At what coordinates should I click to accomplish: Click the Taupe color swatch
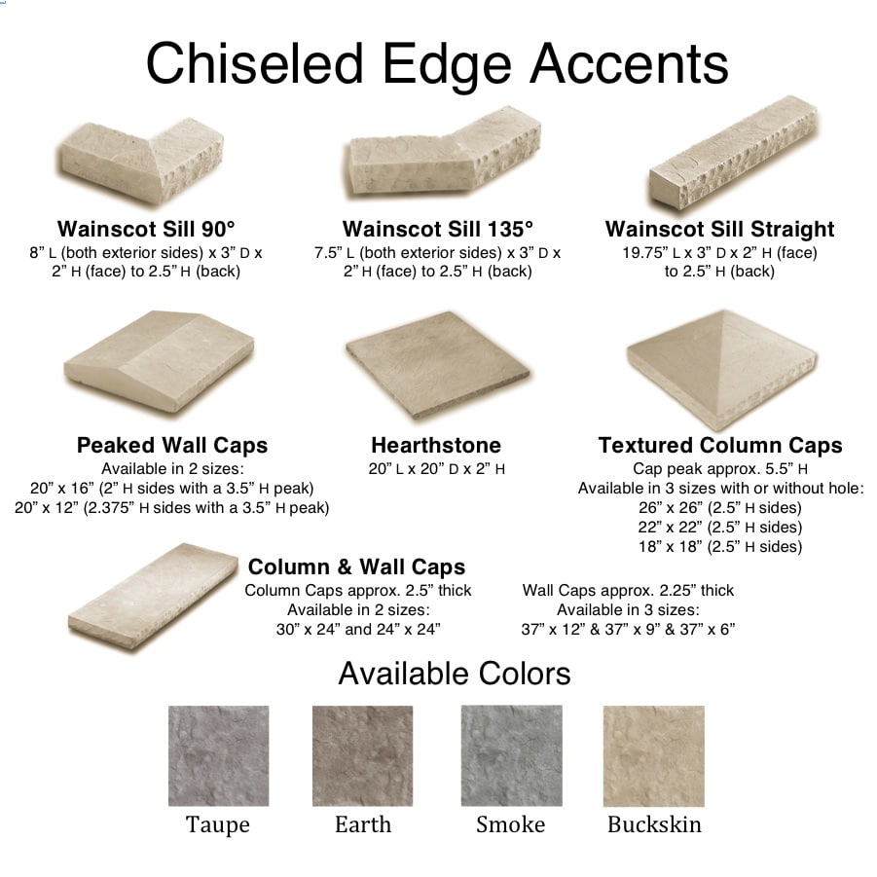point(218,755)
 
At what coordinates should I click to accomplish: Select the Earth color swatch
point(362,755)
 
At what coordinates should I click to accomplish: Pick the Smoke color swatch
point(511,755)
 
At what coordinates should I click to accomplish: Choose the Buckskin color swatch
point(654,755)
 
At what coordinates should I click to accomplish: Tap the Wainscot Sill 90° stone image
point(143,160)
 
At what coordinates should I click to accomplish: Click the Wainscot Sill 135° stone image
point(442,155)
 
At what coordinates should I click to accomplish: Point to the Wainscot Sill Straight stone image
point(733,153)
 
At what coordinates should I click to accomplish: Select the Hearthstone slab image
point(437,365)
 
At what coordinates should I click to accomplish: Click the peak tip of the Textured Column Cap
point(724,311)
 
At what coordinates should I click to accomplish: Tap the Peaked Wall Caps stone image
point(159,361)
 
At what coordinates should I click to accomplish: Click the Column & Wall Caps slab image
point(152,597)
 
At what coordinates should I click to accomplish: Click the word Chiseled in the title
point(255,64)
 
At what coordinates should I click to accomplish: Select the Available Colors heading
point(455,674)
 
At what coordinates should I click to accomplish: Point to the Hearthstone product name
point(436,445)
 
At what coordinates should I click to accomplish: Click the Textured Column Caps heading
point(720,445)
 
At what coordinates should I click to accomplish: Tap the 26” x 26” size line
point(720,508)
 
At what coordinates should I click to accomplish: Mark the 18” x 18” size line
point(720,546)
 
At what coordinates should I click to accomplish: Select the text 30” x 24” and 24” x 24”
point(358,629)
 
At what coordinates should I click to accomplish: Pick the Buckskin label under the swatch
point(654,824)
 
